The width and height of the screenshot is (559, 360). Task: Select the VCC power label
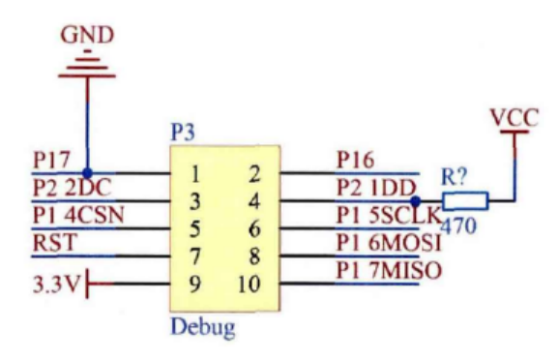coord(513,117)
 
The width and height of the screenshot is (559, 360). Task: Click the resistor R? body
coord(466,202)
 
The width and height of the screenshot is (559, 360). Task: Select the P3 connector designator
coord(182,134)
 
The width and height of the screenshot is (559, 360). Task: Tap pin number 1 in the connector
coord(196,174)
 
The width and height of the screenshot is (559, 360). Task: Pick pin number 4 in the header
coord(254,202)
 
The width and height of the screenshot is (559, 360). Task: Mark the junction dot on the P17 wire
coord(87,174)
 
